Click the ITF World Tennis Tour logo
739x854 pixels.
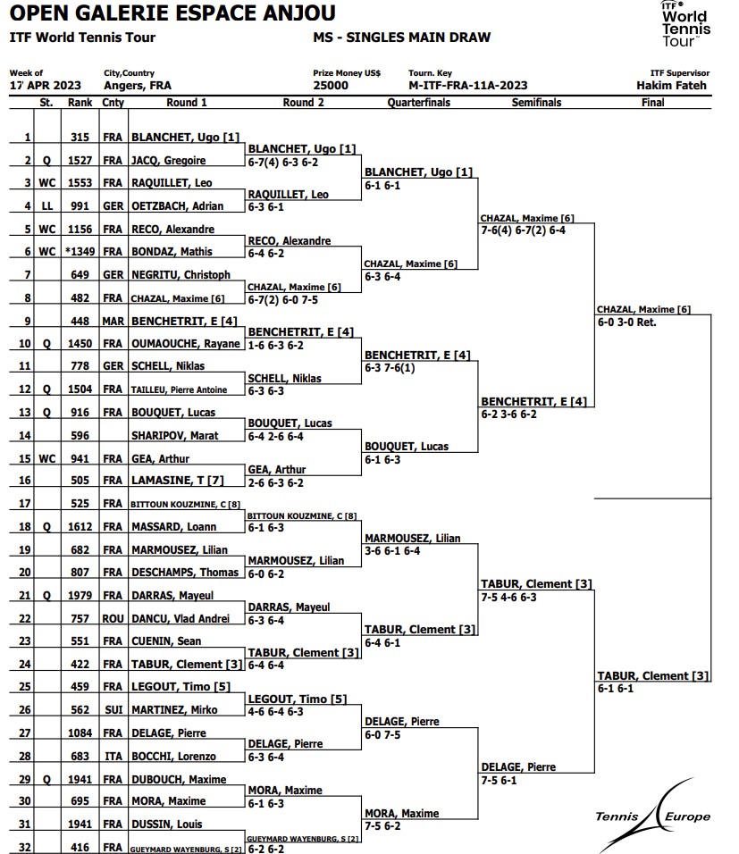coord(685,24)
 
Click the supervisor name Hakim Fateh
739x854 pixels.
coord(671,86)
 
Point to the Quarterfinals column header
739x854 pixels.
coord(418,103)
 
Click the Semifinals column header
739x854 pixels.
coord(536,103)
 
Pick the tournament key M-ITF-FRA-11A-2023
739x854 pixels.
coord(467,86)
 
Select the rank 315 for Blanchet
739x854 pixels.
coord(80,138)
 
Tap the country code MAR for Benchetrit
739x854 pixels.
coord(113,321)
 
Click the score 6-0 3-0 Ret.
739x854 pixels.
coord(626,322)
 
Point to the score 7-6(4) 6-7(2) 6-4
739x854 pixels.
coord(523,230)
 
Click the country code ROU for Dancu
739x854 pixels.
coord(113,619)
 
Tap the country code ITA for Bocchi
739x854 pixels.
coord(113,757)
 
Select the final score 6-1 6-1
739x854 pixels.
coord(615,689)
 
